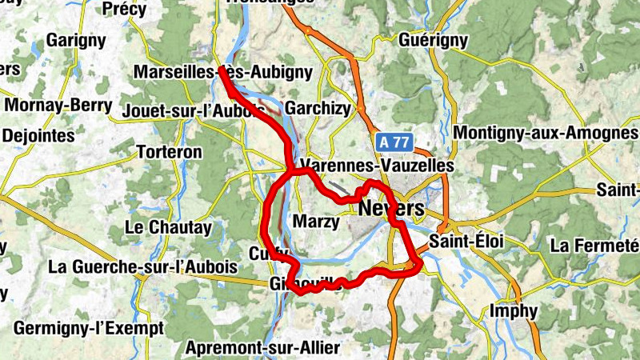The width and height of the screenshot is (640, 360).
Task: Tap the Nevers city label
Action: point(391,208)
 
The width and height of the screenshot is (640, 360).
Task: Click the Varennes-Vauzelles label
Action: point(377,166)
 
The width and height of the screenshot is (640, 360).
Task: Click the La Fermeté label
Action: point(595,245)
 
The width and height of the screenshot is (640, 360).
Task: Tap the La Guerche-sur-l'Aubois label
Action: point(143,266)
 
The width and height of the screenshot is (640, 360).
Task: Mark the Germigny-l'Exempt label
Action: point(88,328)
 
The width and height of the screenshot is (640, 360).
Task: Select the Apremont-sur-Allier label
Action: point(262,348)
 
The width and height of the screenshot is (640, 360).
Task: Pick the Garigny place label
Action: point(77,39)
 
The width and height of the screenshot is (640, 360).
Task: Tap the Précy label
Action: point(125,9)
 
